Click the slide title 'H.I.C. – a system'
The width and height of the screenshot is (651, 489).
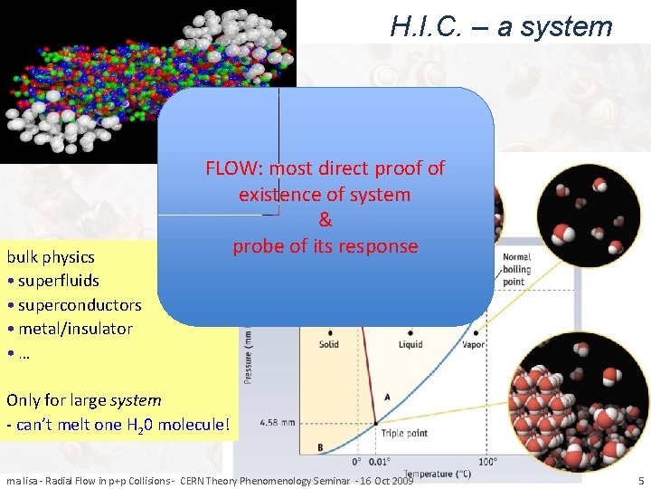(x=501, y=26)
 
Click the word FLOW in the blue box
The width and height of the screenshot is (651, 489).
(x=234, y=168)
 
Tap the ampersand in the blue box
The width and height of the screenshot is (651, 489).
(x=325, y=220)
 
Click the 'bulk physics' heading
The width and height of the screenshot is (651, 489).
(x=52, y=256)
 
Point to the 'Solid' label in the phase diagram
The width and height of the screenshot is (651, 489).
(x=329, y=344)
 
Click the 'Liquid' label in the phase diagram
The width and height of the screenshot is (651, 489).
(x=410, y=344)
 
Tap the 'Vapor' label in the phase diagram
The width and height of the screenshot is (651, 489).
(x=474, y=344)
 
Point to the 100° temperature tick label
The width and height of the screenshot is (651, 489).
(x=487, y=461)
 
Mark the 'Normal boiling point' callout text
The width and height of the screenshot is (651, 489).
(x=517, y=269)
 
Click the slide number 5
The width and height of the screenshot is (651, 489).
(x=640, y=480)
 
